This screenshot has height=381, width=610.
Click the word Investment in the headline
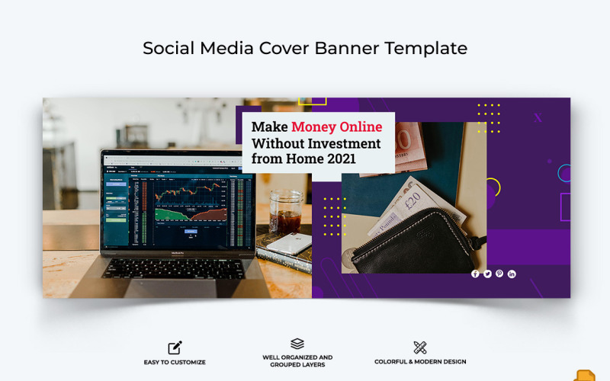click(x=342, y=143)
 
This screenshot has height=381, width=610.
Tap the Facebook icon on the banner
click(x=475, y=274)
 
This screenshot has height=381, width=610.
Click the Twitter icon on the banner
click(x=487, y=274)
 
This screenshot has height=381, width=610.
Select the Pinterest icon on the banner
click(x=499, y=274)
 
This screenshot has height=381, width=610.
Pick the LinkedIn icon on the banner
click(x=512, y=274)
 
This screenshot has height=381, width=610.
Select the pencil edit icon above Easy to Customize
click(x=175, y=347)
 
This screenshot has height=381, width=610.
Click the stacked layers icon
click(x=297, y=344)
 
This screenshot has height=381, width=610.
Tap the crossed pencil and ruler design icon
click(x=420, y=347)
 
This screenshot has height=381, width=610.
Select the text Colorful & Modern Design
click(x=420, y=362)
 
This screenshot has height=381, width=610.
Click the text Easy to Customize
click(x=175, y=362)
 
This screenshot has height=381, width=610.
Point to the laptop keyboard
click(x=175, y=268)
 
